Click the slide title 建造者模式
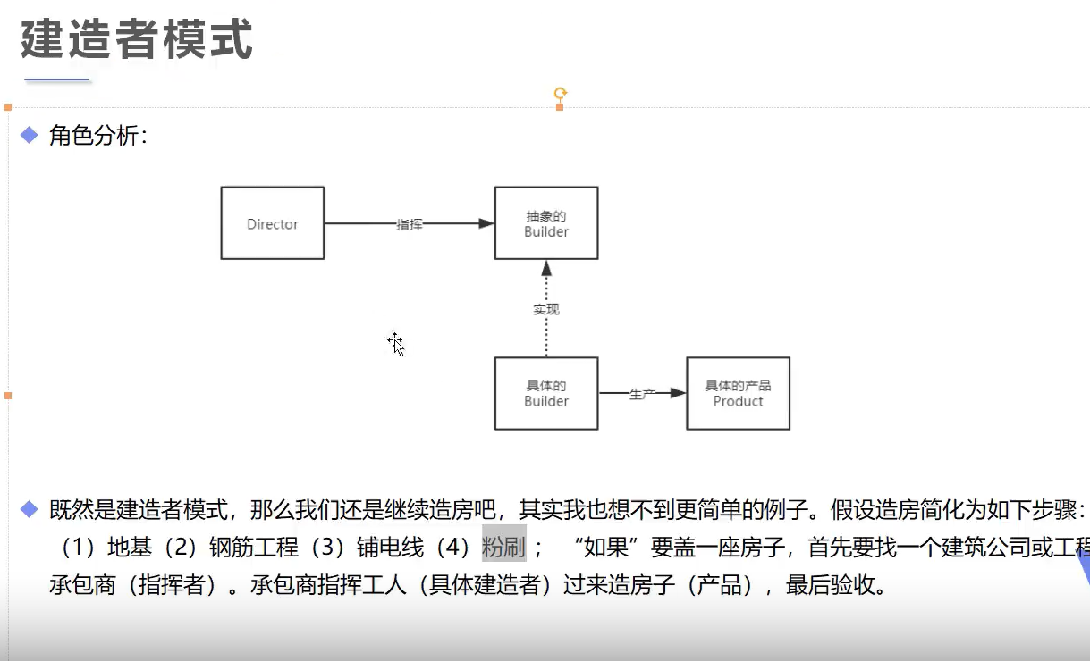tap(137, 40)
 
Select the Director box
tap(273, 223)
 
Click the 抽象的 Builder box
tap(546, 223)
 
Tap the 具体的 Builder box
tap(546, 393)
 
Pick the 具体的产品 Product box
tap(738, 393)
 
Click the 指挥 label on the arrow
tap(410, 224)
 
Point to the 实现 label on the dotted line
tap(546, 309)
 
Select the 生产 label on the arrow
tap(642, 394)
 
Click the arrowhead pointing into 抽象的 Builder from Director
tap(486, 223)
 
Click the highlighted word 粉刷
tap(503, 546)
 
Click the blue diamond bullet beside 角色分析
tap(30, 135)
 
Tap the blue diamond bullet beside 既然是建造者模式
tap(30, 510)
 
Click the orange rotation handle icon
tap(561, 93)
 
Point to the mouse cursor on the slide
tap(395, 343)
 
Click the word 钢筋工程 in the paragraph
tap(253, 546)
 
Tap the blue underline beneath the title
tap(57, 80)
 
